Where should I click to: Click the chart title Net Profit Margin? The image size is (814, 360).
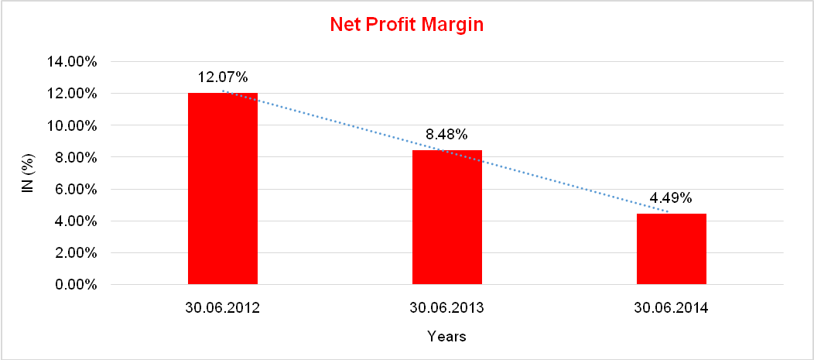[406, 25]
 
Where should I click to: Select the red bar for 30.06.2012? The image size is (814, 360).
[223, 189]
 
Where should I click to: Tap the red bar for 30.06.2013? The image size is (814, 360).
[447, 218]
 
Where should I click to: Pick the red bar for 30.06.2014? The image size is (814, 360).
[672, 249]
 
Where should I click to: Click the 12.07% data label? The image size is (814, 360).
[223, 77]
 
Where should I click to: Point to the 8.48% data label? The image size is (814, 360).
[447, 135]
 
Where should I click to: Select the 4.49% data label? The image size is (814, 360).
[672, 198]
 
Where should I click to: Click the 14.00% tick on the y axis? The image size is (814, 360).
[71, 62]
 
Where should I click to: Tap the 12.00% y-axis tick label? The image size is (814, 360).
[71, 94]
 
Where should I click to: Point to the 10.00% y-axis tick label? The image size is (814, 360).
[71, 125]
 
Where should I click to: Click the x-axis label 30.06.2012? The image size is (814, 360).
[223, 308]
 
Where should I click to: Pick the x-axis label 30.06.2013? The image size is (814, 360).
[447, 308]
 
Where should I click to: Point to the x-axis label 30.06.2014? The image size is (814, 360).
[672, 308]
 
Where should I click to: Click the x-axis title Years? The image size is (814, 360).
[447, 337]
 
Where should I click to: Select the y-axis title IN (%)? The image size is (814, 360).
[28, 173]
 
